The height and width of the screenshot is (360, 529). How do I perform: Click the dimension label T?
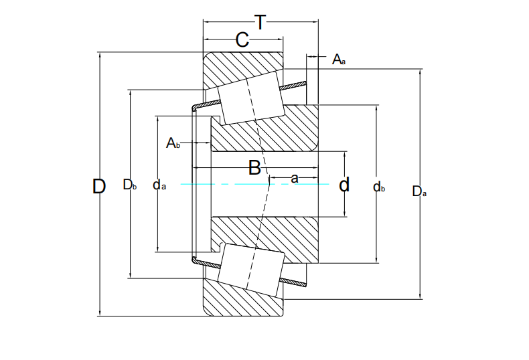tap(260, 22)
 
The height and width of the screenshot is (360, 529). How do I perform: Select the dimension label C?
tap(242, 39)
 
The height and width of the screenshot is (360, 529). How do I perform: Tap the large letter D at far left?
tap(99, 187)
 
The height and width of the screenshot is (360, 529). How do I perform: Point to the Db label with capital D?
tap(129, 185)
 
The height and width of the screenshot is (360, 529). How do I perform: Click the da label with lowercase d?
tap(159, 185)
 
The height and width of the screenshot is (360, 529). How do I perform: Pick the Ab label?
tap(173, 143)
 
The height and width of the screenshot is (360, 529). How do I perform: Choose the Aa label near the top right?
tap(339, 60)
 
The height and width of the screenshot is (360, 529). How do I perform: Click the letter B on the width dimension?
tap(254, 167)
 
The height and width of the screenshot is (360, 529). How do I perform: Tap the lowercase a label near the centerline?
tap(295, 178)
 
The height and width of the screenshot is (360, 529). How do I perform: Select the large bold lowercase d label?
tap(344, 185)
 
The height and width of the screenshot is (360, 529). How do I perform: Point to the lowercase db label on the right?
tap(379, 187)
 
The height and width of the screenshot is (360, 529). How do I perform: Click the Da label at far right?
tap(419, 191)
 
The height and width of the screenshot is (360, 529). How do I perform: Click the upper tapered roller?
tap(250, 98)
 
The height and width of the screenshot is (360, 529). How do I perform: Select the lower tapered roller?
tap(250, 270)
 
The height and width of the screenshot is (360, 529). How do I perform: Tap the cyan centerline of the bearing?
tap(254, 184)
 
